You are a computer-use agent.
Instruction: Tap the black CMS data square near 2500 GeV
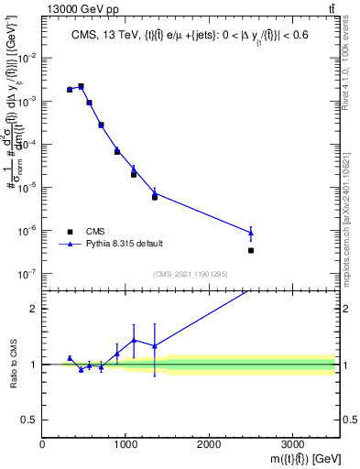(251, 250)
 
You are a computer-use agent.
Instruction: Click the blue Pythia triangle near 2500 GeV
(251, 233)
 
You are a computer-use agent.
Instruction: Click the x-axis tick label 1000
(125, 443)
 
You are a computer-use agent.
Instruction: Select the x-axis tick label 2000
(209, 443)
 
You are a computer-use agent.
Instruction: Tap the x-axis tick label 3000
(292, 443)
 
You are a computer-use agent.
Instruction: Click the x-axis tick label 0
(43, 443)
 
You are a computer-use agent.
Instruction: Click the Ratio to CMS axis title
(12, 364)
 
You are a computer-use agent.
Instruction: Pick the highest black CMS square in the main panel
(81, 87)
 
